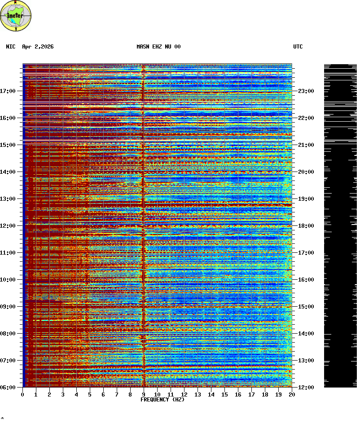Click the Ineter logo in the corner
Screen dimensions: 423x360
[16, 16]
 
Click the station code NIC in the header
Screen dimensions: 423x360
[10, 47]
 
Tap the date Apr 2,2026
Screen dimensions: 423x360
[38, 47]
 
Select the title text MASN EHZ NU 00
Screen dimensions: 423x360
[158, 47]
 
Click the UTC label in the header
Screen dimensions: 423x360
[298, 47]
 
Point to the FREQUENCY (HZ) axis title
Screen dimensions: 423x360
[162, 400]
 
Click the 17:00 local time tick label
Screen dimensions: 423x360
[9, 91]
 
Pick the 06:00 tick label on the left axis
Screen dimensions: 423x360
[9, 388]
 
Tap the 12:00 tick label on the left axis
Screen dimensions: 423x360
[9, 226]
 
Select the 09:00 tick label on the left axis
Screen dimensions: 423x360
[9, 307]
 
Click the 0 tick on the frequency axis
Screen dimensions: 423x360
[22, 395]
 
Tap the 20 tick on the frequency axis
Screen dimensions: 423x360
[292, 395]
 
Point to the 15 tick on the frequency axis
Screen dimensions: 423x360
[224, 395]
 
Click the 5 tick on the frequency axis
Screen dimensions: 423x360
[90, 395]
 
